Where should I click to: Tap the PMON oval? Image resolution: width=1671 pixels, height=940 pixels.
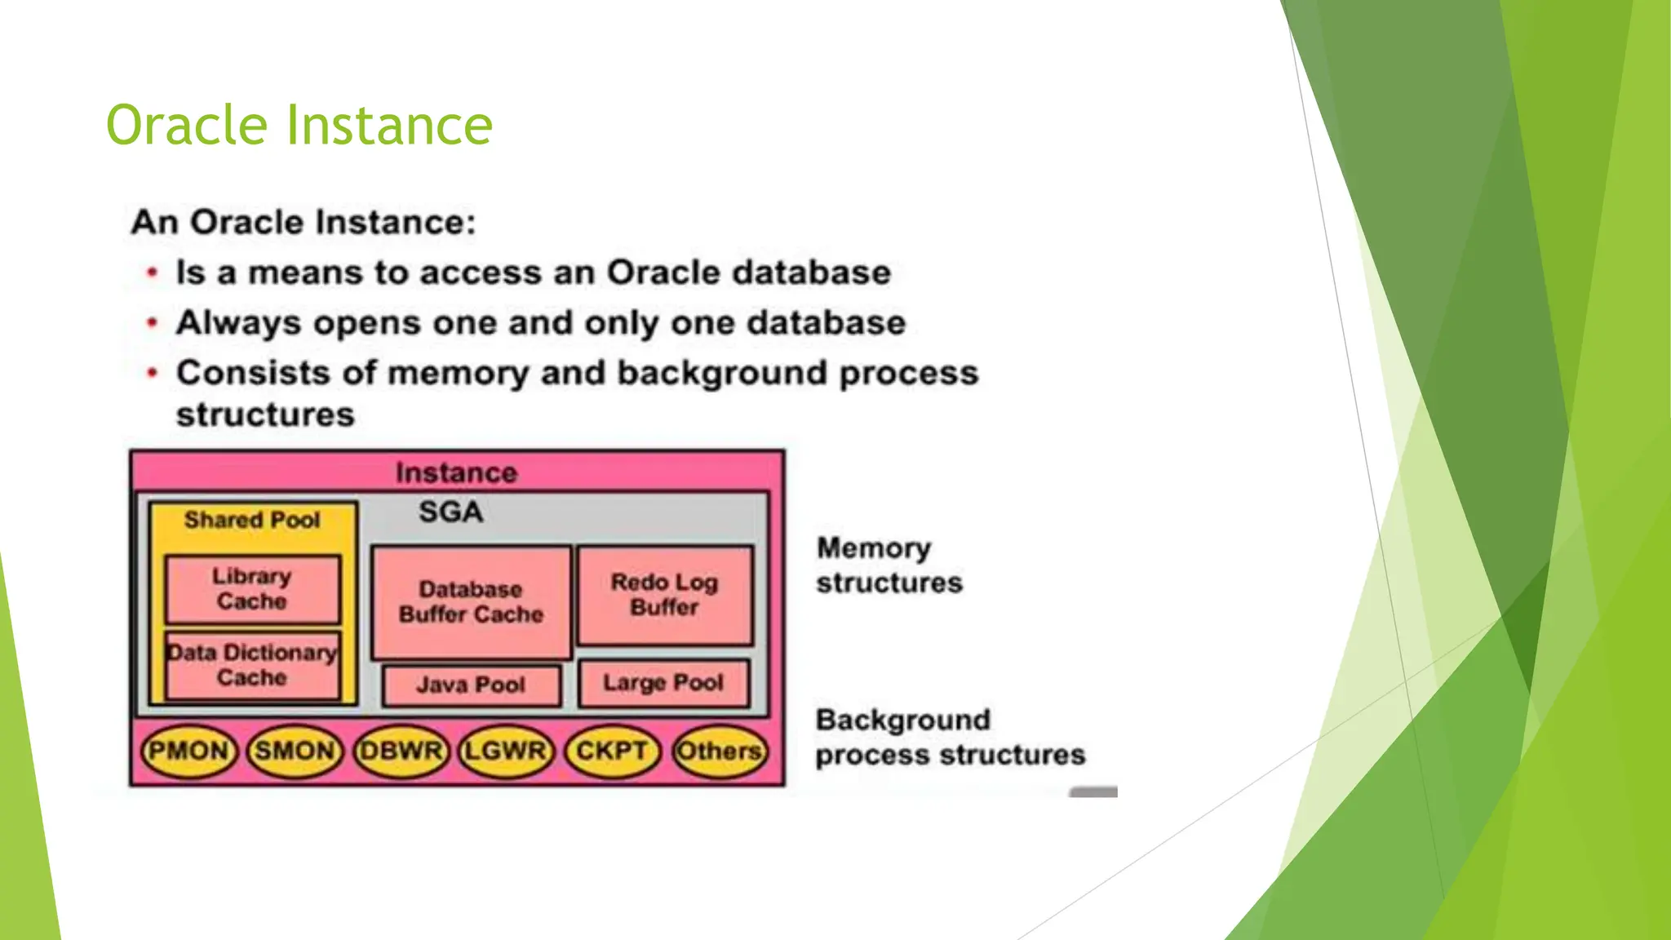188,751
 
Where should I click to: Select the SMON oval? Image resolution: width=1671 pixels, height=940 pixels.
294,751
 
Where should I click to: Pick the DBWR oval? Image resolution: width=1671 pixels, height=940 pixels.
400,751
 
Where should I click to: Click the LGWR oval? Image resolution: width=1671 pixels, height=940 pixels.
505,751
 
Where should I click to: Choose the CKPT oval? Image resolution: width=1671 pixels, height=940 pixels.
611,751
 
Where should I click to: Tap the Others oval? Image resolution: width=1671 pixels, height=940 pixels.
719,751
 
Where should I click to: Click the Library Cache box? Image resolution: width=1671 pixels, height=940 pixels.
252,589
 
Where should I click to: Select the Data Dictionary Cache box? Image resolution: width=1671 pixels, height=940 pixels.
252,665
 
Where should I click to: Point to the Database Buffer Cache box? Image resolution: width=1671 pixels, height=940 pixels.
471,602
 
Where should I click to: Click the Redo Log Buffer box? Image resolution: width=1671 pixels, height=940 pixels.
664,595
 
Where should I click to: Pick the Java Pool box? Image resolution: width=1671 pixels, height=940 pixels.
471,685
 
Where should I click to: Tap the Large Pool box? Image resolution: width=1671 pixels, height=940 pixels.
663,683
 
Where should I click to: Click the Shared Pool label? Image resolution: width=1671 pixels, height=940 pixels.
252,520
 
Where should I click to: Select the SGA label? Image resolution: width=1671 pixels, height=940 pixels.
450,512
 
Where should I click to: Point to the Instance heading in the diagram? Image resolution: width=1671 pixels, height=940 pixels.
456,472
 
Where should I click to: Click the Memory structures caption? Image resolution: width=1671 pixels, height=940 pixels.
889,565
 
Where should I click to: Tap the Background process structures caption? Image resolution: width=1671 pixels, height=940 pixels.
950,738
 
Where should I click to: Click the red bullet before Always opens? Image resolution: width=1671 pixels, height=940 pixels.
152,323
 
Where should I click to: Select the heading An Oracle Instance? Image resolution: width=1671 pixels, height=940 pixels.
304,222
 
